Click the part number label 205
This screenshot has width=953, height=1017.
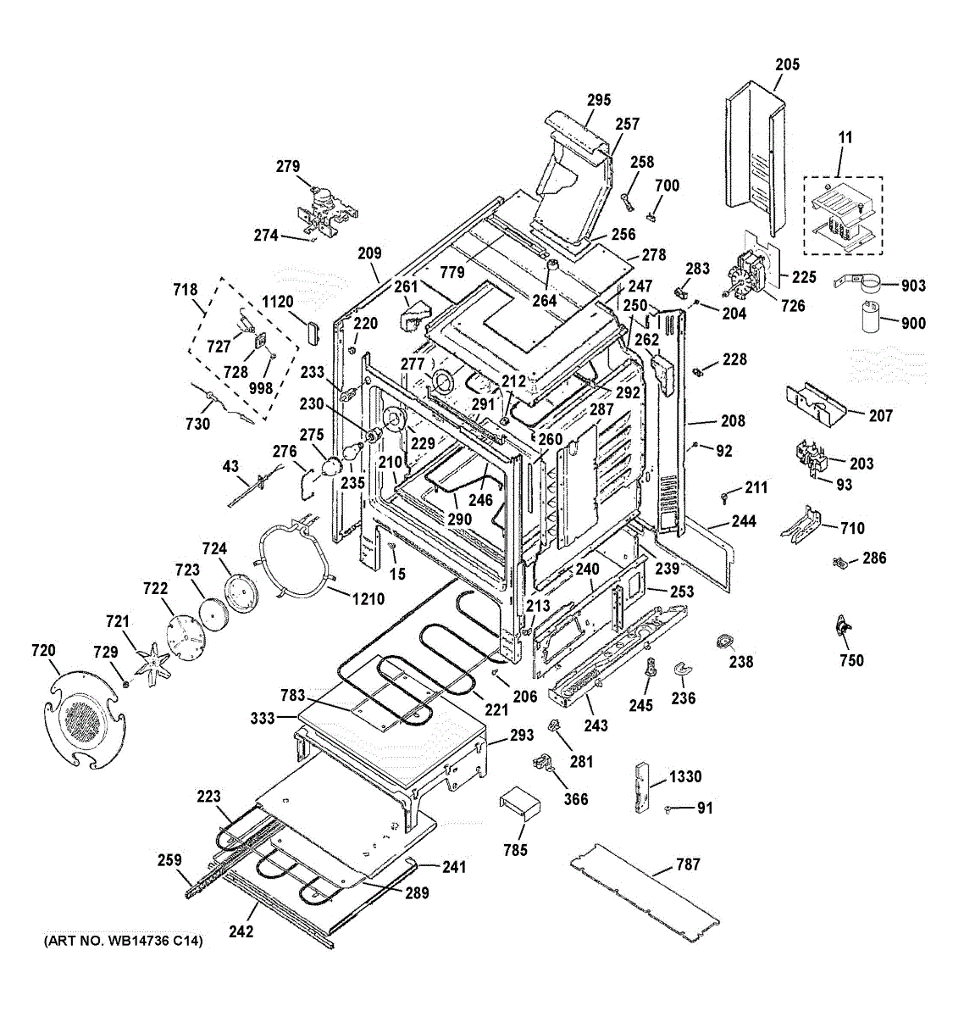tap(787, 64)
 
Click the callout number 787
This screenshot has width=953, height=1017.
tap(688, 864)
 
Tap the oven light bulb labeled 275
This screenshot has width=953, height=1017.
tap(331, 466)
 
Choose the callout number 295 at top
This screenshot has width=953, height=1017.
tap(598, 100)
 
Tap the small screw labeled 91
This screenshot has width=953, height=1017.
tap(669, 809)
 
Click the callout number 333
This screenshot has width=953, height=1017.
tap(263, 718)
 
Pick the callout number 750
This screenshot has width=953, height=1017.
tap(851, 660)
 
